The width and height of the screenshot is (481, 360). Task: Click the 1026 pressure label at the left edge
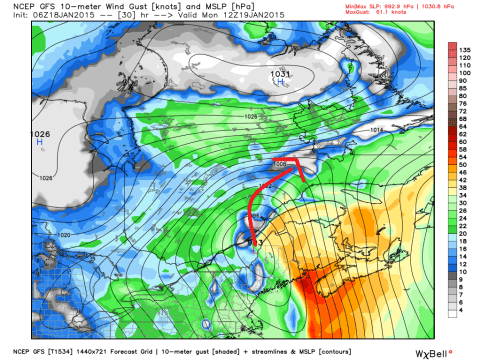click(15, 133)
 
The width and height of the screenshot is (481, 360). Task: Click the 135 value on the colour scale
click(465, 46)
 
